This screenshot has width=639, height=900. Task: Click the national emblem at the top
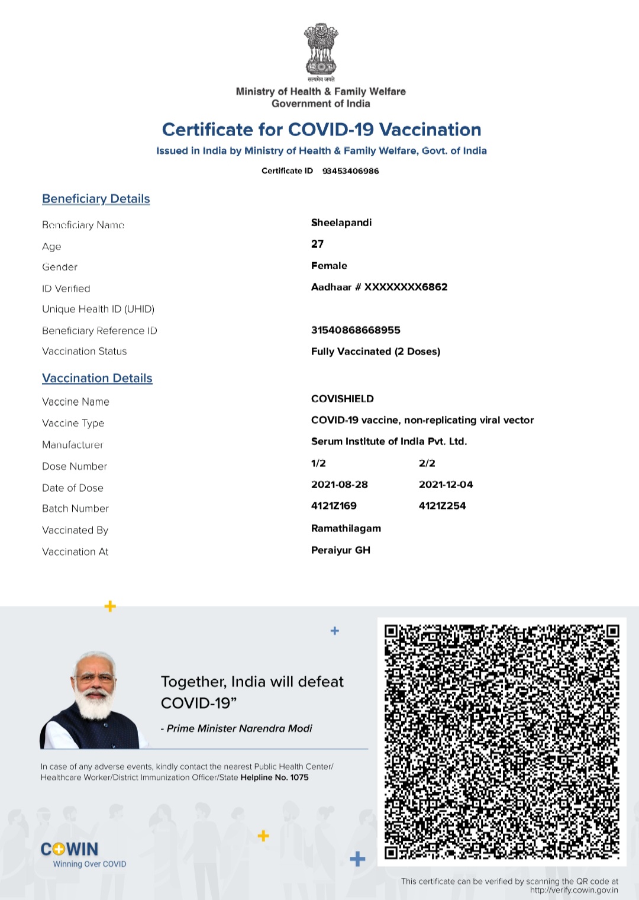[321, 51]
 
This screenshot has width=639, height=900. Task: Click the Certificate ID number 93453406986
[350, 171]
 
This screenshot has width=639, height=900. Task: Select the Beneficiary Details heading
[96, 199]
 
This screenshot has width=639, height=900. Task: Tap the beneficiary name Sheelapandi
[341, 222]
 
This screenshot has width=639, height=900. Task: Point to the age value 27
[318, 244]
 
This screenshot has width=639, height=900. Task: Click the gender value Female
[329, 266]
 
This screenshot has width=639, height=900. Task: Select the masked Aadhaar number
[379, 287]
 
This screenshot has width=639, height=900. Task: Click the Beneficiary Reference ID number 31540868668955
[356, 330]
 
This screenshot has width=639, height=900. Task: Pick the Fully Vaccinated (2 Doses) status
[376, 351]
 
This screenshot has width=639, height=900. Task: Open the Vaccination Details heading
[97, 378]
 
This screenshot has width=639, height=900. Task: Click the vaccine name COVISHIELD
[343, 399]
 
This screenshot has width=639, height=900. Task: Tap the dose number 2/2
[427, 463]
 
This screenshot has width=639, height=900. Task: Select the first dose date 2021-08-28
[340, 485]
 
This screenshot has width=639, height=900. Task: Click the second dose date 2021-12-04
[446, 485]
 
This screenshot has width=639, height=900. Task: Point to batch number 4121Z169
[334, 506]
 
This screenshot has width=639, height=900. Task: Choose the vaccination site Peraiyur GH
[341, 550]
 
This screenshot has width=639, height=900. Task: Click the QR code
[502, 741]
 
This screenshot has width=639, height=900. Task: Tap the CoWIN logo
[70, 850]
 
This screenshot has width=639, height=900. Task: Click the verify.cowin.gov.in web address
[574, 890]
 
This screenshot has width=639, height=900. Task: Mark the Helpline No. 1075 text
[275, 778]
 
